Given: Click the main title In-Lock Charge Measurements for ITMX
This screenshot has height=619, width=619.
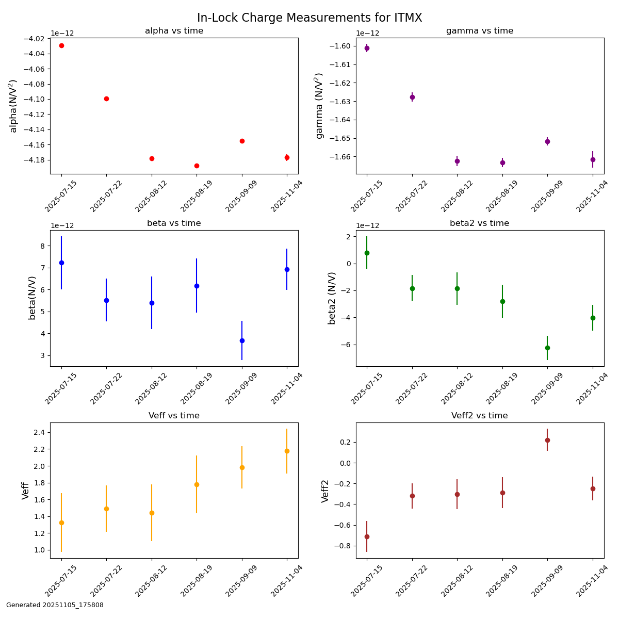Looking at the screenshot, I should click(x=309, y=18).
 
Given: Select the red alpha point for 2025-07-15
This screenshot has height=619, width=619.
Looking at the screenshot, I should click(x=61, y=45).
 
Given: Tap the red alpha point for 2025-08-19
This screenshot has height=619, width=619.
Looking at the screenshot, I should click(x=197, y=166).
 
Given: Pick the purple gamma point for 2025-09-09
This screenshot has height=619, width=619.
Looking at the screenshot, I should click(x=547, y=141).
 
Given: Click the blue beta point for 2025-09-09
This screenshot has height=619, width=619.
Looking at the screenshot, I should click(x=242, y=340).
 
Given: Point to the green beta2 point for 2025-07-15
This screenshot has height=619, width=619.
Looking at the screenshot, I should click(x=367, y=253).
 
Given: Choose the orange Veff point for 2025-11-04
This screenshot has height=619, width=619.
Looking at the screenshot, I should click(x=287, y=451).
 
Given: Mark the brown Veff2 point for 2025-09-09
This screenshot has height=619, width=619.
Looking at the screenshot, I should click(x=547, y=440).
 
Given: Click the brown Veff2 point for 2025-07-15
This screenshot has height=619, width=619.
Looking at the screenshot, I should click(x=367, y=536).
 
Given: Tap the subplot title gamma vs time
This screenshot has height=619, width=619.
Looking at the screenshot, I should click(x=480, y=31).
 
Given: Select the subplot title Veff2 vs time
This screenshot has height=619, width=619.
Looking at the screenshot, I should click(x=480, y=416).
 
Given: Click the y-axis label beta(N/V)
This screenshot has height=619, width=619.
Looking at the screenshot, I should click(x=32, y=298).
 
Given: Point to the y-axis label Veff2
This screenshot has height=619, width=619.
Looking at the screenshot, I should click(x=325, y=491).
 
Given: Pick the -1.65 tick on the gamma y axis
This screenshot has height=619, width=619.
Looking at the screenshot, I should click(x=341, y=138).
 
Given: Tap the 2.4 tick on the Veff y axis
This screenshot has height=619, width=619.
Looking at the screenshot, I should click(x=40, y=432).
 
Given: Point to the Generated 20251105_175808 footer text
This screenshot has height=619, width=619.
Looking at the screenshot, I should click(x=55, y=605).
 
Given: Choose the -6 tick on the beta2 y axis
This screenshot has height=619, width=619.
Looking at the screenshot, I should click(x=346, y=345).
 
